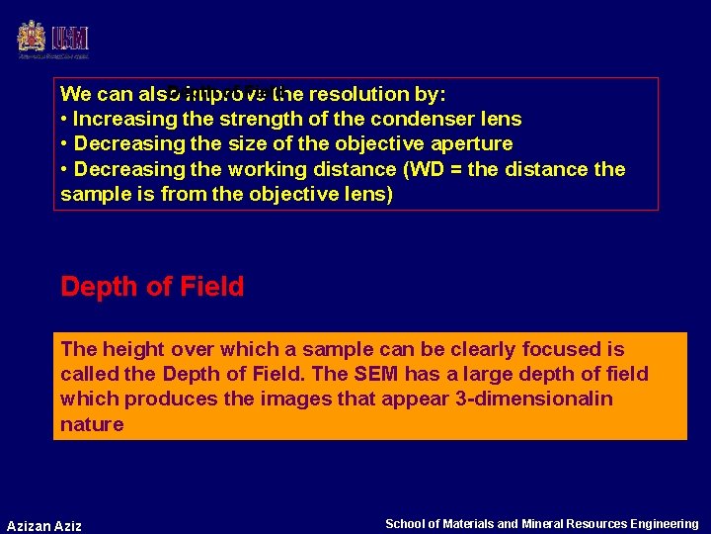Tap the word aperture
[469, 144]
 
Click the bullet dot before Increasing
[64, 120]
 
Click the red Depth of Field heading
[152, 287]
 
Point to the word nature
[92, 424]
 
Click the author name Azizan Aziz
[44, 525]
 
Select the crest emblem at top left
[32, 38]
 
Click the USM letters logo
[71, 38]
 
